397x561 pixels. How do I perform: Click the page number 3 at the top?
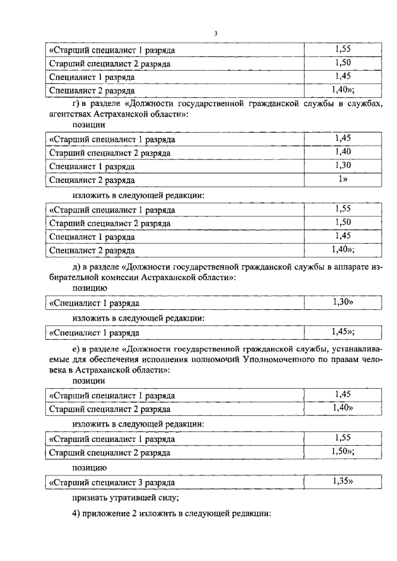215,33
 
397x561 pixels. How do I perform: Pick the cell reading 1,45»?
342,331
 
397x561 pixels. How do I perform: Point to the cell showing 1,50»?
342,451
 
